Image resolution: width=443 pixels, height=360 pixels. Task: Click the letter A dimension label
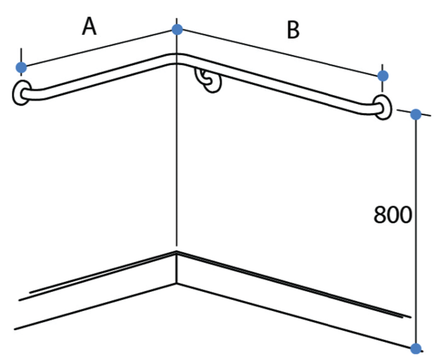pyautogui.click(x=90, y=26)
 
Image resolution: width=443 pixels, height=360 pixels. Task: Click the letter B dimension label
pyautogui.click(x=293, y=30)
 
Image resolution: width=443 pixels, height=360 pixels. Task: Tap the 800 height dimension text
pyautogui.click(x=393, y=215)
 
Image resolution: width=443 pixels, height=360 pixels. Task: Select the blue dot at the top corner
pyautogui.click(x=177, y=29)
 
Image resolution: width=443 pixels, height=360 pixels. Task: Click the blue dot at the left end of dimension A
pyautogui.click(x=21, y=67)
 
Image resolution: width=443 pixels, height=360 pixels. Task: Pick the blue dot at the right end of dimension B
pyautogui.click(x=383, y=76)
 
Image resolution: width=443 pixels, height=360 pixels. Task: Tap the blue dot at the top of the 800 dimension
pyautogui.click(x=415, y=114)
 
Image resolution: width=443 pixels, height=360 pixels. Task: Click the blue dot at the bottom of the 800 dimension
pyautogui.click(x=415, y=348)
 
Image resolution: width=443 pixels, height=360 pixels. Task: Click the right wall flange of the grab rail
pyautogui.click(x=383, y=107)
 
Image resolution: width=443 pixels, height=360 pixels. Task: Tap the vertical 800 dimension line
pyautogui.click(x=415, y=231)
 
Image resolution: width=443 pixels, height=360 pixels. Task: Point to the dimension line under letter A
pyautogui.click(x=99, y=48)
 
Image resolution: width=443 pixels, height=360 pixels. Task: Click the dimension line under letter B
pyautogui.click(x=280, y=52)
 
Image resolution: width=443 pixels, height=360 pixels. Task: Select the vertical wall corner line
pyautogui.click(x=177, y=132)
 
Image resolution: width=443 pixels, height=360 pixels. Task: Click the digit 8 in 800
pyautogui.click(x=380, y=215)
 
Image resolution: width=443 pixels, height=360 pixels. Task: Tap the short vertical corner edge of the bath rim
pyautogui.click(x=177, y=267)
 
